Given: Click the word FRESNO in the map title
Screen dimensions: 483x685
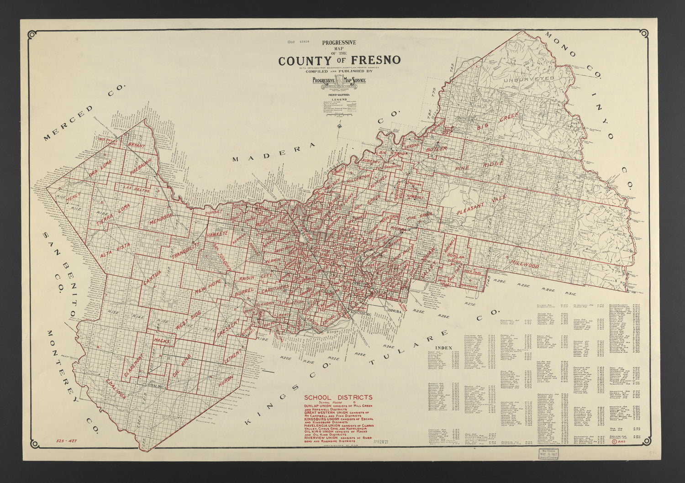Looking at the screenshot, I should click(x=376, y=61).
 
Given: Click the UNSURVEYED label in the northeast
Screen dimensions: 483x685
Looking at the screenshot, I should click(x=529, y=79).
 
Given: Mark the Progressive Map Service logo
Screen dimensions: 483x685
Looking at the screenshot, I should click(x=338, y=81).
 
